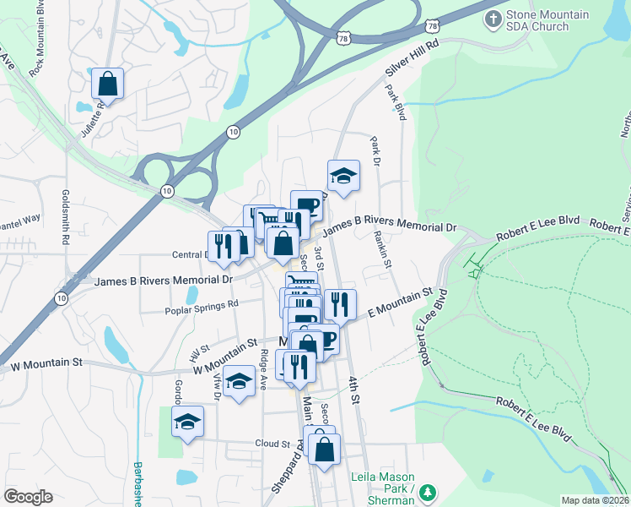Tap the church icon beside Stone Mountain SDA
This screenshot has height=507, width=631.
coord(493,18)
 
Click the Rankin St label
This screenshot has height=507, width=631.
coord(382,250)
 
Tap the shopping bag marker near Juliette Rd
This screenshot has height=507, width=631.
coord(108,83)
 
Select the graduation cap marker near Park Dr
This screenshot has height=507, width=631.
coord(343,176)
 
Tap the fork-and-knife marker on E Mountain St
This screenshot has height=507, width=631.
coord(339,304)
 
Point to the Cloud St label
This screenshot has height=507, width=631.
coord(272,444)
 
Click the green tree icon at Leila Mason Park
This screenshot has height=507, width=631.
coord(428,492)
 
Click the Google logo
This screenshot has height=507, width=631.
coord(28,497)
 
